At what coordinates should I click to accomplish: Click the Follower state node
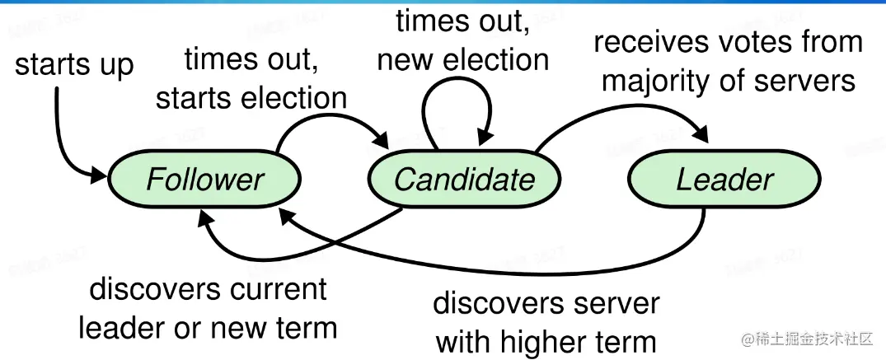click(204, 179)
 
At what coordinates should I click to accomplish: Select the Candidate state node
click(464, 179)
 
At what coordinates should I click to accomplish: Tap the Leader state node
click(724, 179)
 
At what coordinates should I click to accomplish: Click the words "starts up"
click(74, 65)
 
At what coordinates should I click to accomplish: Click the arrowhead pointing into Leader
click(700, 135)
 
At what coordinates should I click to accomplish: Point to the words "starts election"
click(251, 98)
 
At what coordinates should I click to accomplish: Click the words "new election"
click(463, 59)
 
